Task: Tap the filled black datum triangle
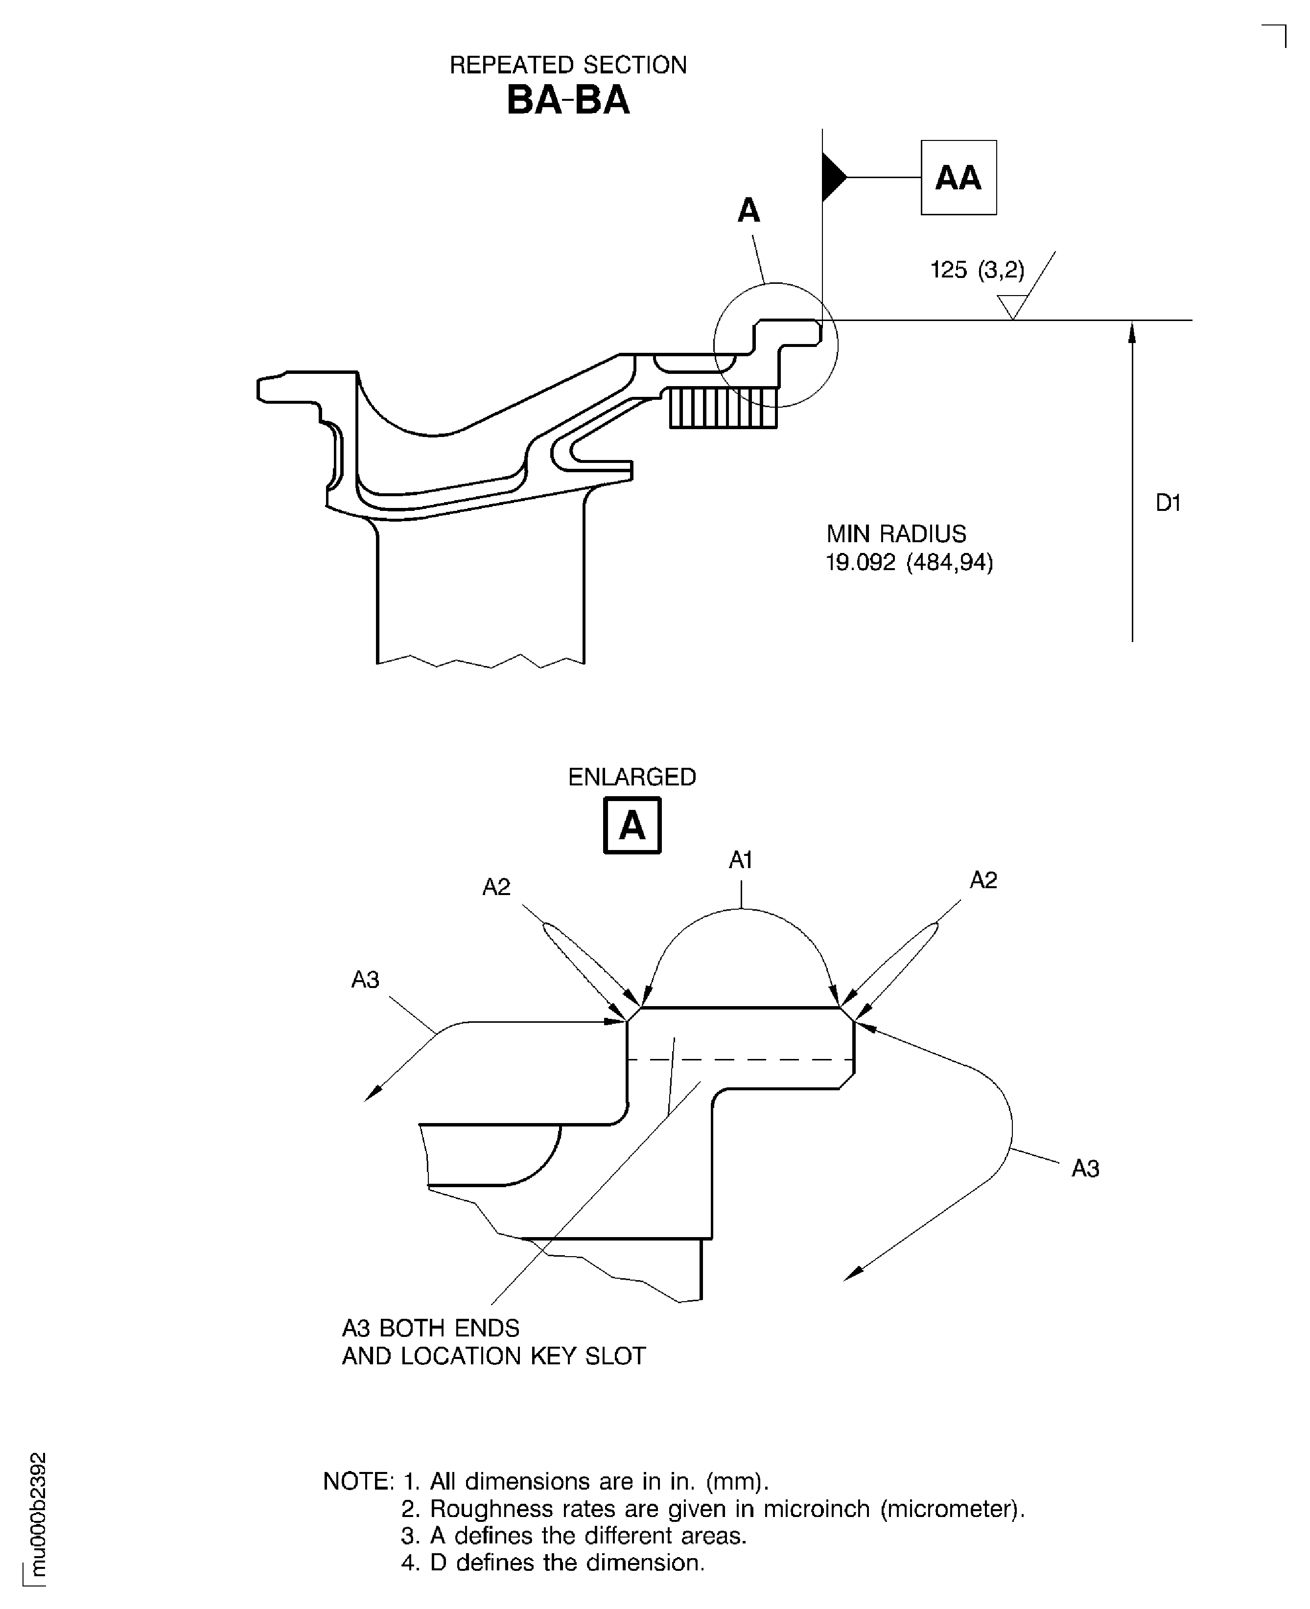[832, 177]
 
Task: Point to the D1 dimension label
[1168, 503]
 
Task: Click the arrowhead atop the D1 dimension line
[1132, 332]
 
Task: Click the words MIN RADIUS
[896, 534]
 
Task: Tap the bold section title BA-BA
[567, 100]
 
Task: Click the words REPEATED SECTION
[567, 66]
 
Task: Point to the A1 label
[740, 860]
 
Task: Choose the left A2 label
[496, 887]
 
